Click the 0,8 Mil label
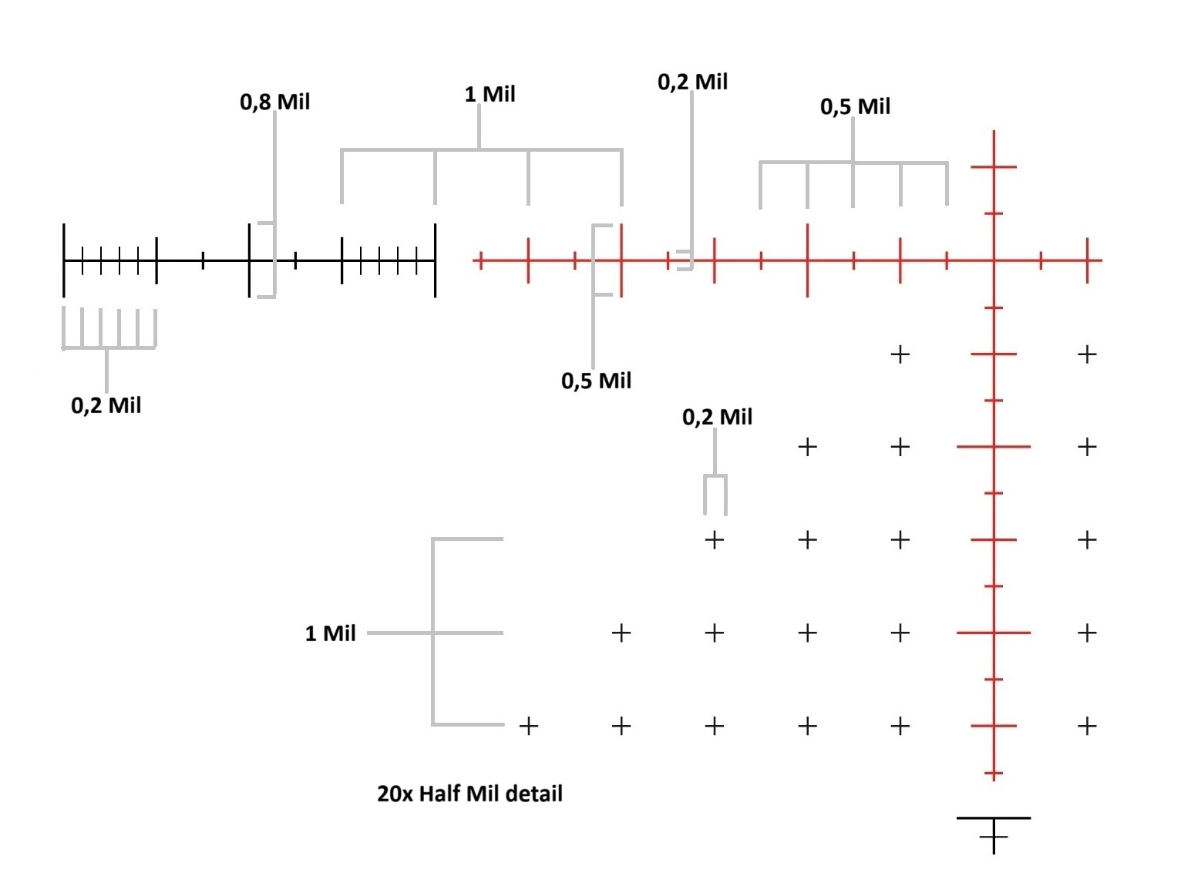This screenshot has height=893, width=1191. coord(274,102)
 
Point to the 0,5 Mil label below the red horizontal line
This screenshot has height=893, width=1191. coord(596,381)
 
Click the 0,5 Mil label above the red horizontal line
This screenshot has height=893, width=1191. coord(855,107)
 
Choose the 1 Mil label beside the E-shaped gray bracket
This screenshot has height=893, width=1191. coord(330,633)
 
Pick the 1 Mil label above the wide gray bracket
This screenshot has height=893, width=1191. coord(490,94)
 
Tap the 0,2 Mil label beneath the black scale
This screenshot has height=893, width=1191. coord(106,405)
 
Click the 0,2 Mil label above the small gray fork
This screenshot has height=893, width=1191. coord(717,417)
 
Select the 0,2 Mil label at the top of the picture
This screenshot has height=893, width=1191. coord(692,82)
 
